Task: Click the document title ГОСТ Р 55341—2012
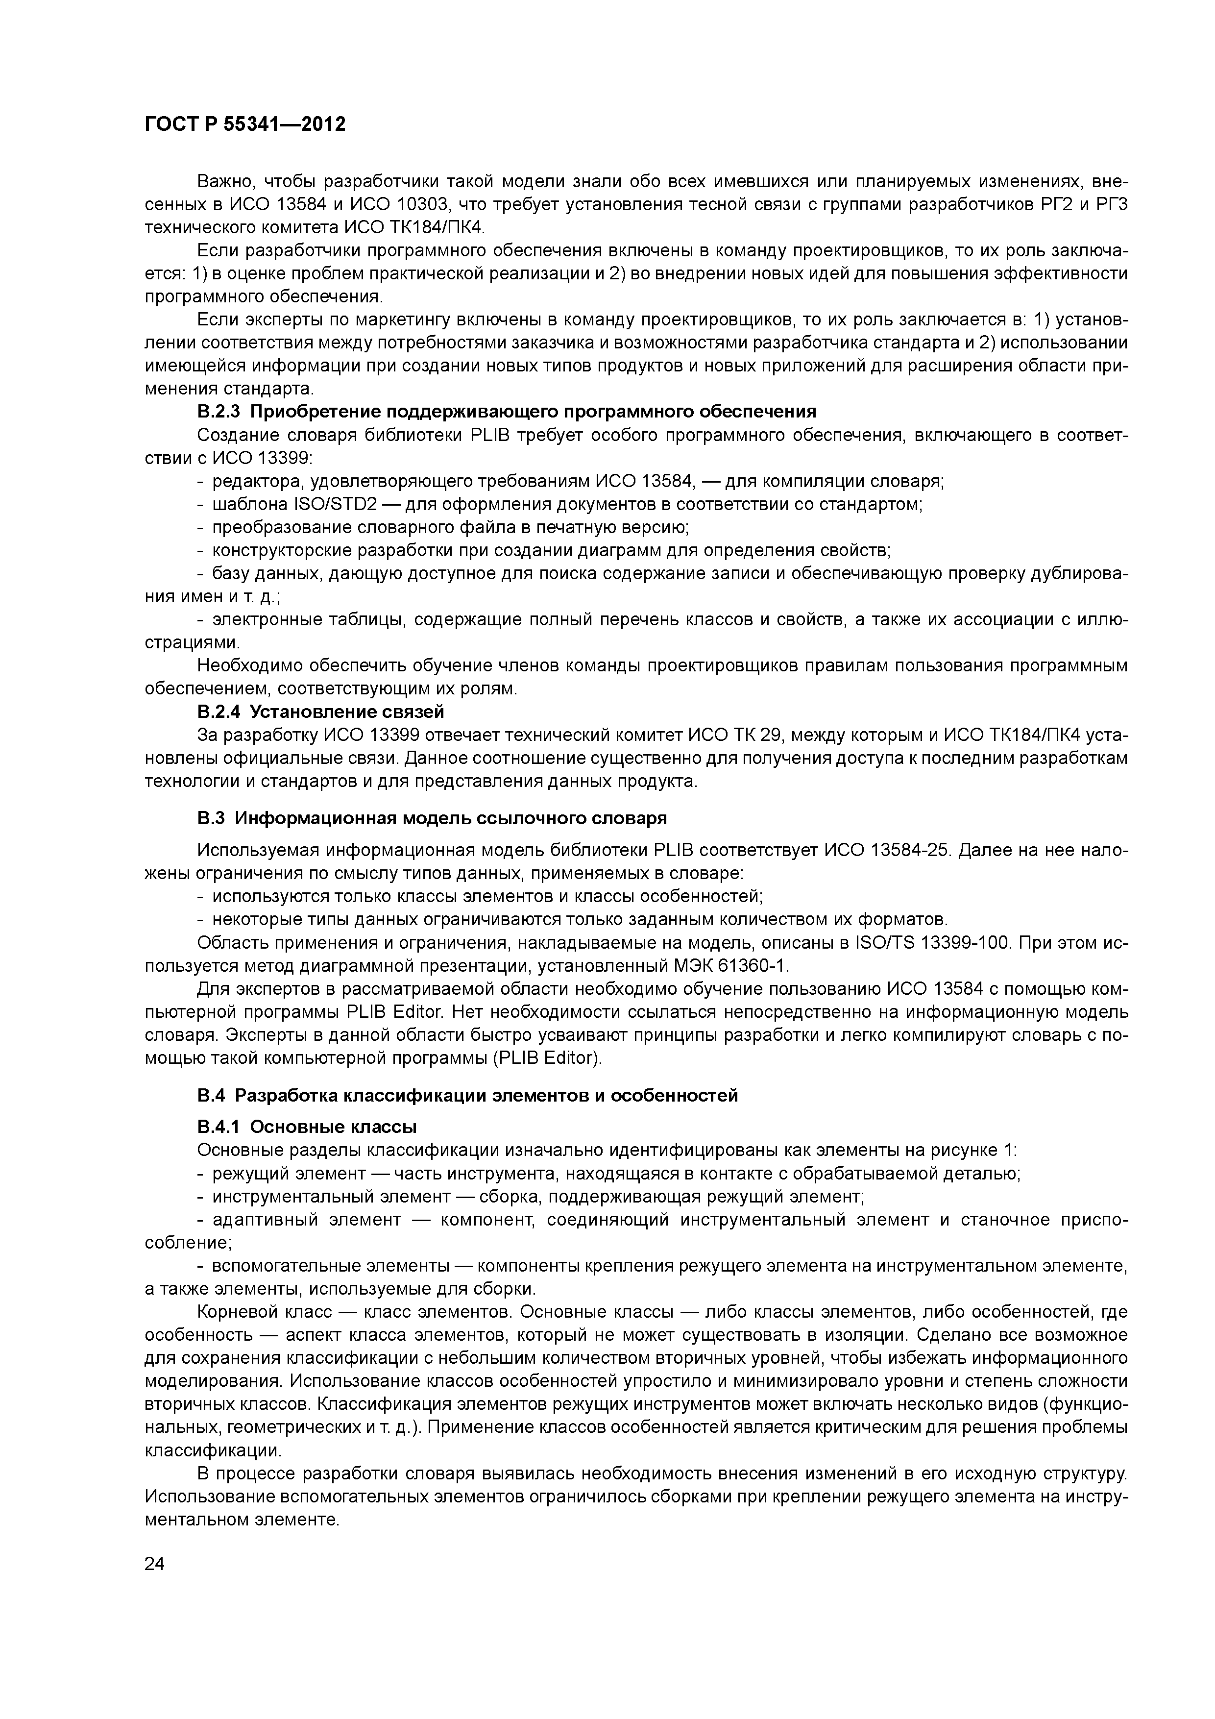[245, 124]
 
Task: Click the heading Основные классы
[333, 1127]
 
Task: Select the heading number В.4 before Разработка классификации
[211, 1095]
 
